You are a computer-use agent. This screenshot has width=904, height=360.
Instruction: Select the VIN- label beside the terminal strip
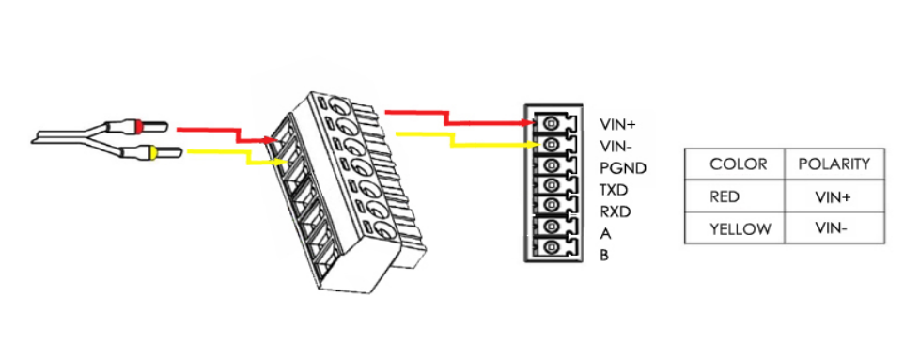coord(616,146)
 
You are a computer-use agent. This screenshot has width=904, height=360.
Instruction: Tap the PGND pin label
coord(623,168)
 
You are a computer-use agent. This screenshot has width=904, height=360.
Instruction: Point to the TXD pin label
coord(614,190)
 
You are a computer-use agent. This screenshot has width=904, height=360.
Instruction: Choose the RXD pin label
coord(616,211)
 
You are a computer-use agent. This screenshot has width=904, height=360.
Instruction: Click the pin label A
coord(605,234)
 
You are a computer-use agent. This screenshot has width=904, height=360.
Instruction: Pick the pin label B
coord(604,255)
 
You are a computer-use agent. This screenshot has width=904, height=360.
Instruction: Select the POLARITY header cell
coord(834,164)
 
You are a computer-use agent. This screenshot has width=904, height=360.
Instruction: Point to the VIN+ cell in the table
coord(834,197)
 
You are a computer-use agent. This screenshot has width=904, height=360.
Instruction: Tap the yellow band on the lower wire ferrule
coord(152,153)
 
